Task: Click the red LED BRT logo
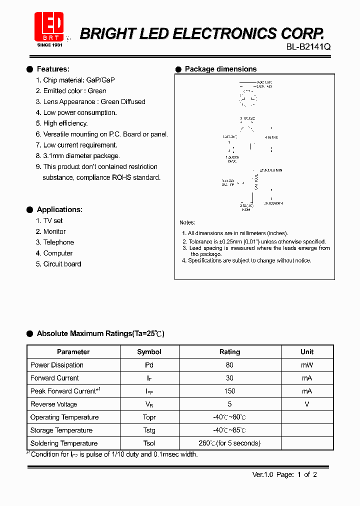click(49, 26)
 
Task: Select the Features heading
click(53, 69)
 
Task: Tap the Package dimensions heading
click(220, 69)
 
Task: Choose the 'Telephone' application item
click(58, 242)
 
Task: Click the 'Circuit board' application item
click(62, 264)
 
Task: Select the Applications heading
click(59, 209)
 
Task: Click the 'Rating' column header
click(230, 352)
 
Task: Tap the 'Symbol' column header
click(149, 352)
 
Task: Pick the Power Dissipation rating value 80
click(229, 365)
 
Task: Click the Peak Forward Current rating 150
click(229, 391)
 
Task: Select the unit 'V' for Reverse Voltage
click(307, 404)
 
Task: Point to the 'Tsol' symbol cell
click(149, 443)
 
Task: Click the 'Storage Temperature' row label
click(61, 430)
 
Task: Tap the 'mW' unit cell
click(307, 365)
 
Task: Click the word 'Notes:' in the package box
click(187, 222)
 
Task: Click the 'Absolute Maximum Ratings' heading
click(100, 333)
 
